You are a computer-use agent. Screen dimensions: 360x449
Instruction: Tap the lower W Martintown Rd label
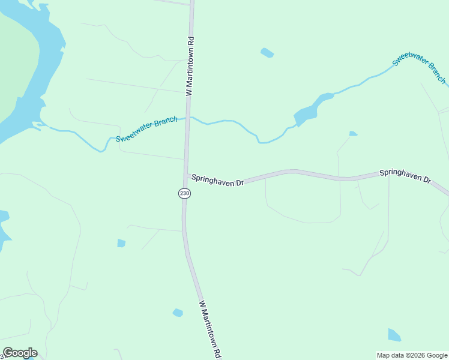pyautogui.click(x=211, y=329)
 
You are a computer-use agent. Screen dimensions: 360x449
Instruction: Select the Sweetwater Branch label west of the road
pyautogui.click(x=146, y=129)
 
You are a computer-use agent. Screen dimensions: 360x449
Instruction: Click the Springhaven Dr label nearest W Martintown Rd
pyautogui.click(x=217, y=180)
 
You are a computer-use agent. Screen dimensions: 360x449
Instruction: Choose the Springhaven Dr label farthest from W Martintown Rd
pyautogui.click(x=405, y=176)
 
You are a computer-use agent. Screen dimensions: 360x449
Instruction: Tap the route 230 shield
pyautogui.click(x=184, y=193)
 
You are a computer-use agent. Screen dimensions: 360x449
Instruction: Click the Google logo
pyautogui.click(x=20, y=353)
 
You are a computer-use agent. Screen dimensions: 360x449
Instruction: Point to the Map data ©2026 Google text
pyautogui.click(x=412, y=355)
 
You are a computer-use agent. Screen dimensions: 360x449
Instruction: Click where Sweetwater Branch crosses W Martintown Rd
pyautogui.click(x=188, y=118)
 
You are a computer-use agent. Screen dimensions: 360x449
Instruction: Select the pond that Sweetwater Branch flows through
pyautogui.click(x=308, y=110)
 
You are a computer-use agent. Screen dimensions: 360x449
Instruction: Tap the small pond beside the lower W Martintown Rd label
pyautogui.click(x=178, y=313)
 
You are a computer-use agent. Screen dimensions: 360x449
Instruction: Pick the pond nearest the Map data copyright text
pyautogui.click(x=394, y=335)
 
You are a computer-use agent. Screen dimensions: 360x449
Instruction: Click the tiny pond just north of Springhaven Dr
pyautogui.click(x=353, y=133)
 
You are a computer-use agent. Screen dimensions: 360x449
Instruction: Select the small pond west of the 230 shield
pyautogui.click(x=121, y=243)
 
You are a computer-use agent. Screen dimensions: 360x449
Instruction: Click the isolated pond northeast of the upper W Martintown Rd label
pyautogui.click(x=267, y=53)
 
